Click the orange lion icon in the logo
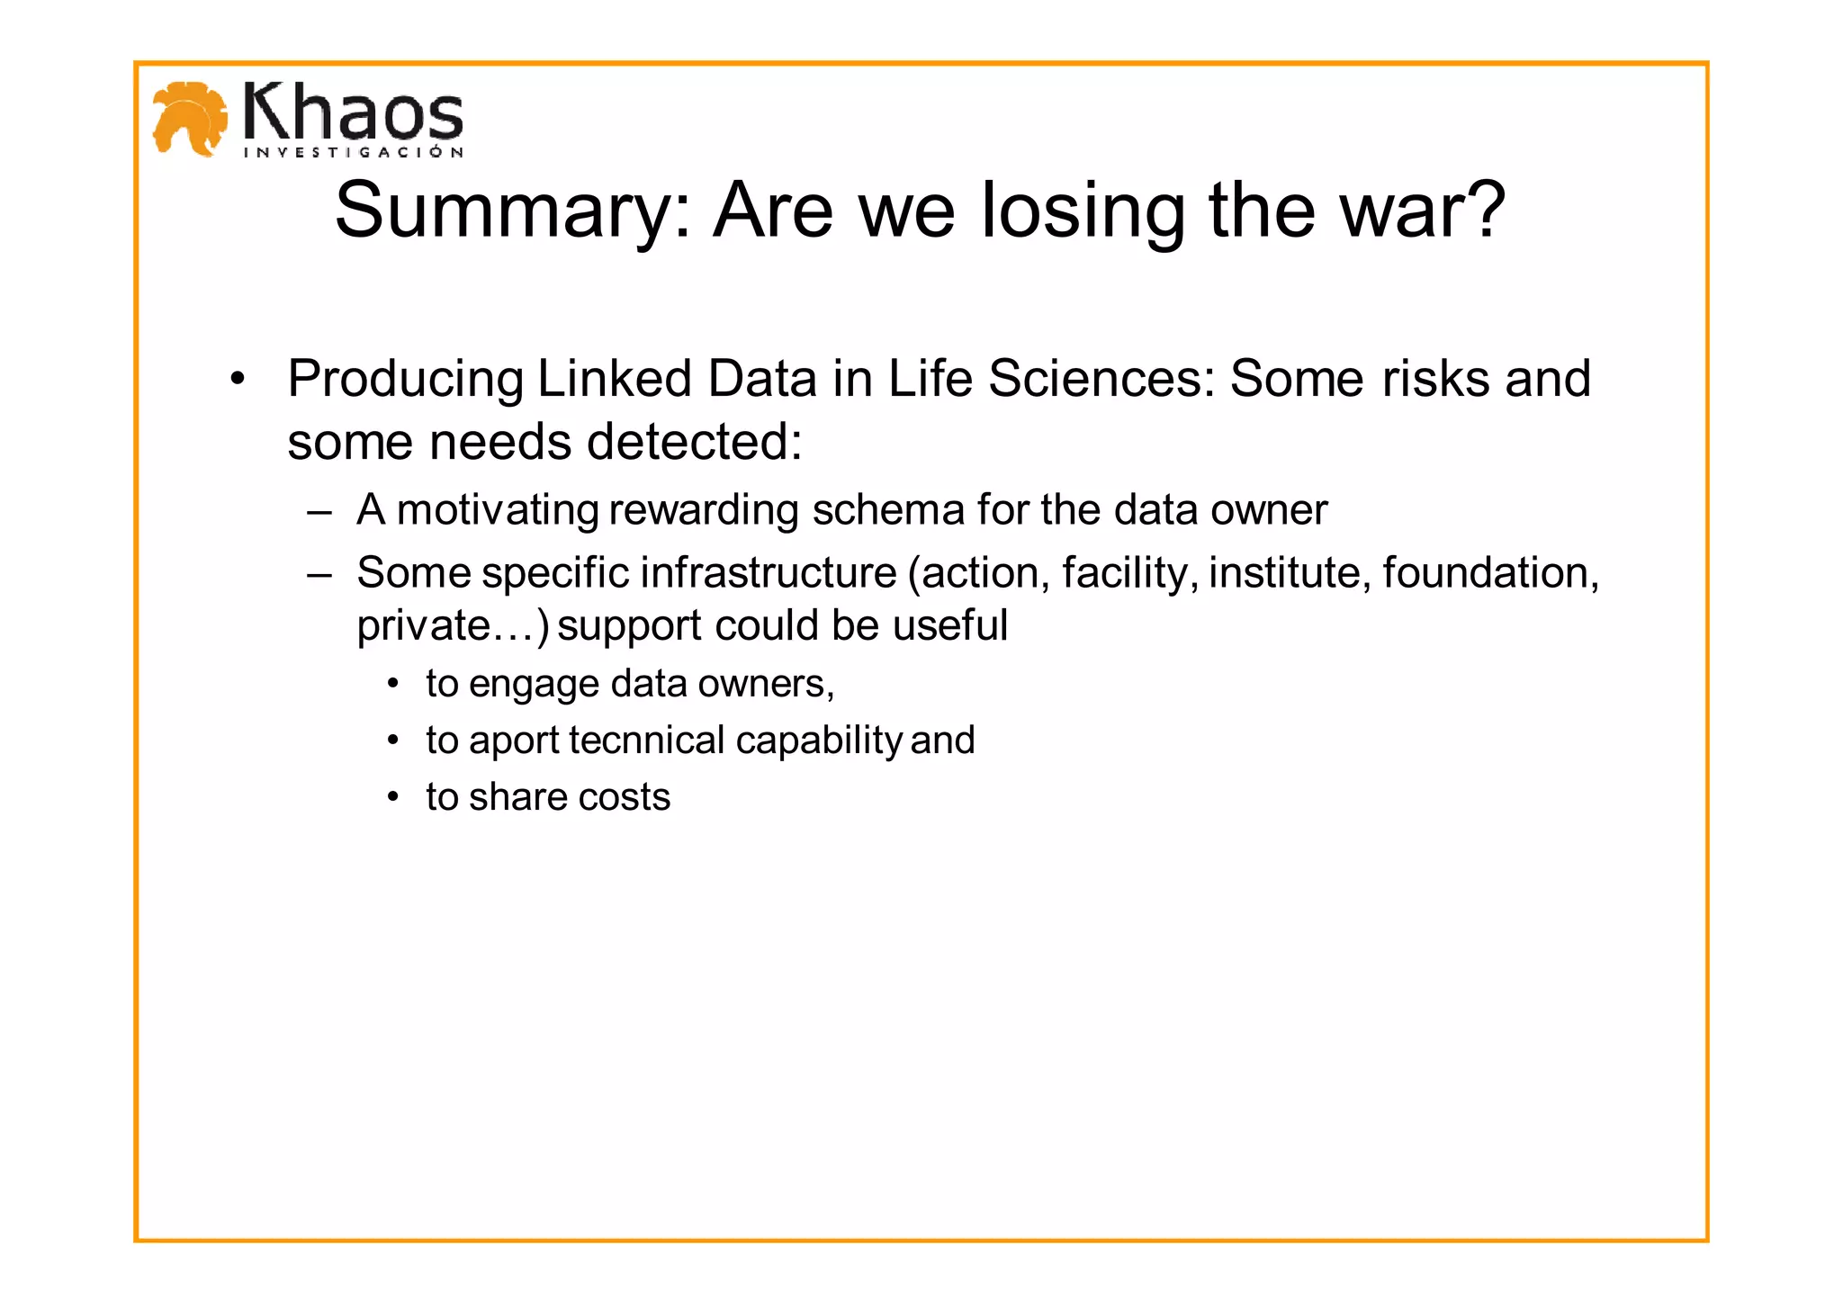pos(189,118)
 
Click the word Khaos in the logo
pos(353,113)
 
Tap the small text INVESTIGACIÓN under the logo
pos(354,153)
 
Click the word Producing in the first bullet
pos(406,379)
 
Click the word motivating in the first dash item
pos(498,510)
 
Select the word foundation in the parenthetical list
pos(1490,573)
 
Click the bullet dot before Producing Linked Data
pos(237,379)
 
